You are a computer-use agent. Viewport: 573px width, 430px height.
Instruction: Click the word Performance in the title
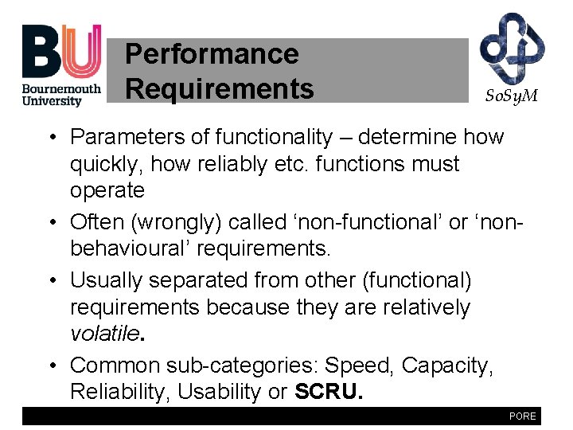point(212,54)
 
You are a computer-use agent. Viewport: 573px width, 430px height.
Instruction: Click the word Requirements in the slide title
point(220,88)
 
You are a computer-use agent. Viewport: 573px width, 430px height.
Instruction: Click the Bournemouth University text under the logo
point(61,95)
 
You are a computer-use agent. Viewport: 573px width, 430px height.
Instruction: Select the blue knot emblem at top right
point(512,47)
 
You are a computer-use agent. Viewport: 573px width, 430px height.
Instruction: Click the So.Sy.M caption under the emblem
point(512,96)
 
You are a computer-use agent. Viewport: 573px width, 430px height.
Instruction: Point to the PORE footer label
point(522,416)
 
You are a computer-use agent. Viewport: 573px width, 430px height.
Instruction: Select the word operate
point(107,190)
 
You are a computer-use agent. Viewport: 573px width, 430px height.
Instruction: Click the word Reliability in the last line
point(119,392)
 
